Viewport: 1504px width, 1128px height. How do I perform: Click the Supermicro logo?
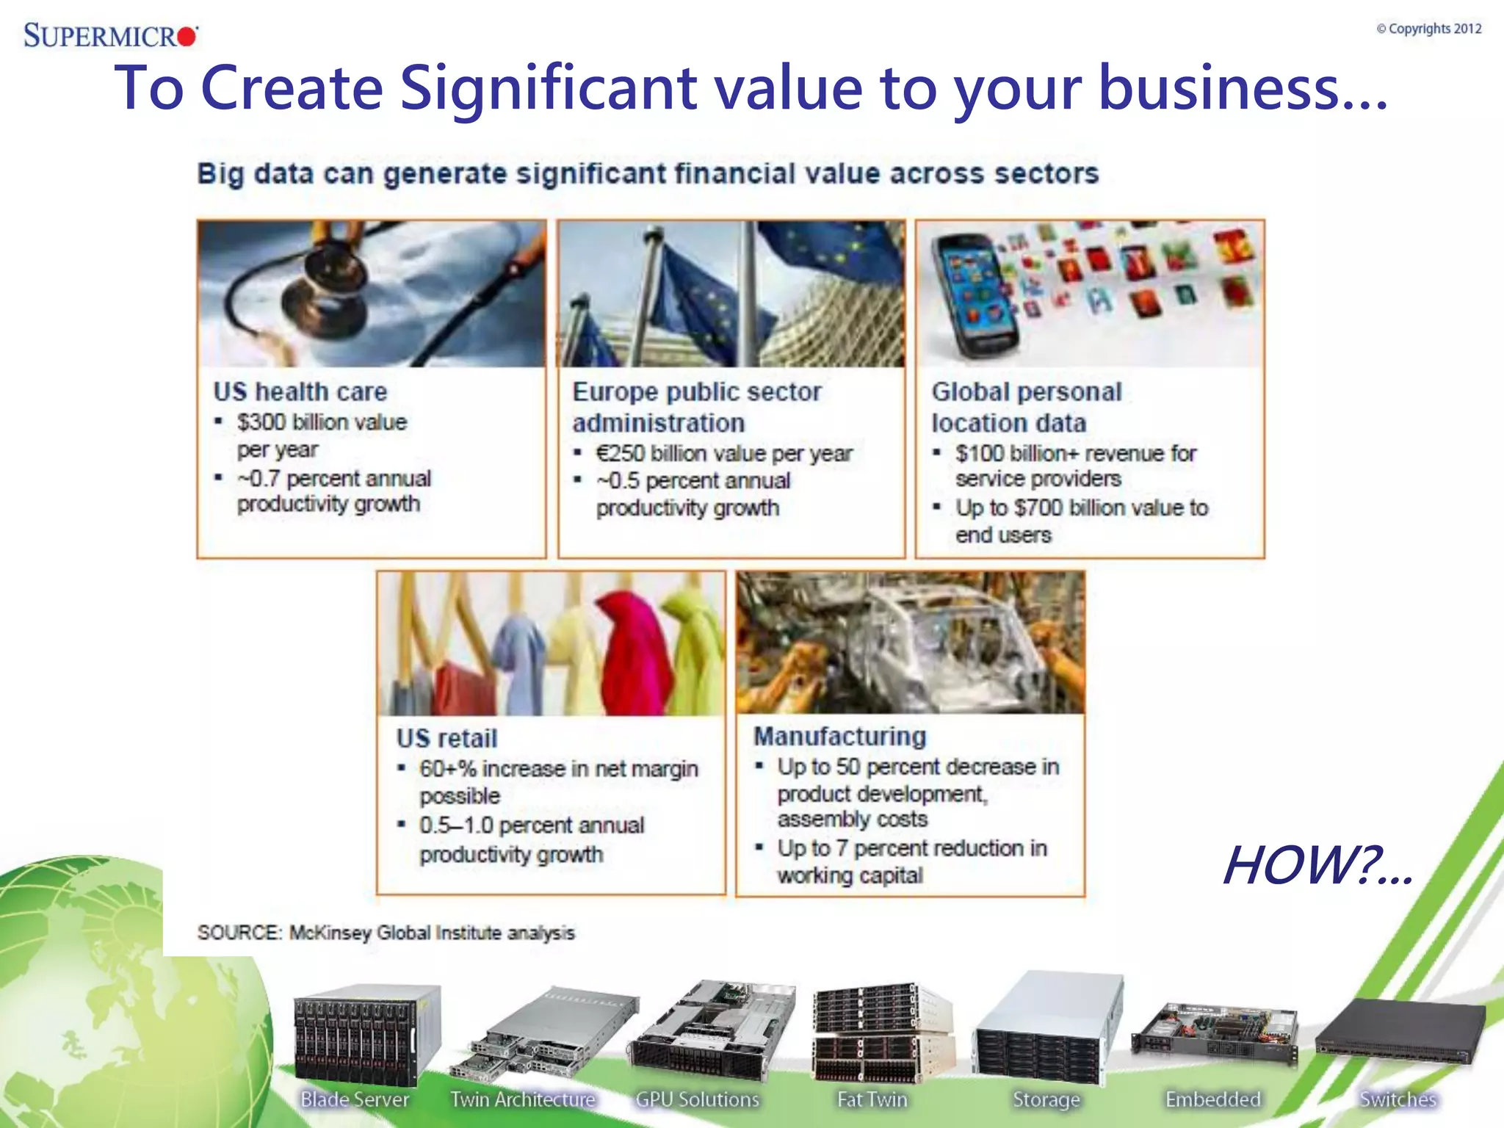(x=110, y=35)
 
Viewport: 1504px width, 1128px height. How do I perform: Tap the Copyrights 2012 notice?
(x=1429, y=29)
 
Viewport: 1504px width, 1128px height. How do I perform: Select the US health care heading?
(x=300, y=391)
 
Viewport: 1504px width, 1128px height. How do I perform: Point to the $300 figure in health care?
(x=261, y=422)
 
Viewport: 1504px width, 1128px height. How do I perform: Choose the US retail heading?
(x=446, y=738)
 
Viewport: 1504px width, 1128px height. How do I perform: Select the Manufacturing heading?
(x=840, y=736)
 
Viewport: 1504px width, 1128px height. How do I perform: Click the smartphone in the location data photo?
(x=973, y=294)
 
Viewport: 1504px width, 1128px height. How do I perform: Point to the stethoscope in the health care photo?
(x=323, y=294)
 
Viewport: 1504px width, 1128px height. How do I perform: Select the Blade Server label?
(x=355, y=1099)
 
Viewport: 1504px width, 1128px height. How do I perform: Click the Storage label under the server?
(x=1046, y=1099)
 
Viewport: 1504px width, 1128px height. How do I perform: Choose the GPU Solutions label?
(x=697, y=1099)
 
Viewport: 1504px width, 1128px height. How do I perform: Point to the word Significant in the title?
(x=548, y=88)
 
